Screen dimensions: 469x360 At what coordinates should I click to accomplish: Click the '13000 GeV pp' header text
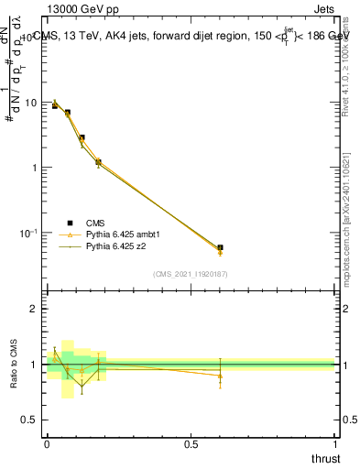[x=83, y=9]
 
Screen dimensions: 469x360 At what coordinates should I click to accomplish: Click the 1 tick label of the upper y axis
[x=35, y=168]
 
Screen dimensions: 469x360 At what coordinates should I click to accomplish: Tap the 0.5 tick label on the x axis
[x=191, y=444]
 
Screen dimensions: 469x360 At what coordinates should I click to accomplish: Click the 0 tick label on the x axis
[x=47, y=444]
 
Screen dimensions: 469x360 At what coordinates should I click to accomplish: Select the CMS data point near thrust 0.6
[x=220, y=247]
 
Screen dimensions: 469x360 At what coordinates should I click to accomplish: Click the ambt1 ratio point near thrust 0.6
[x=220, y=375]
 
